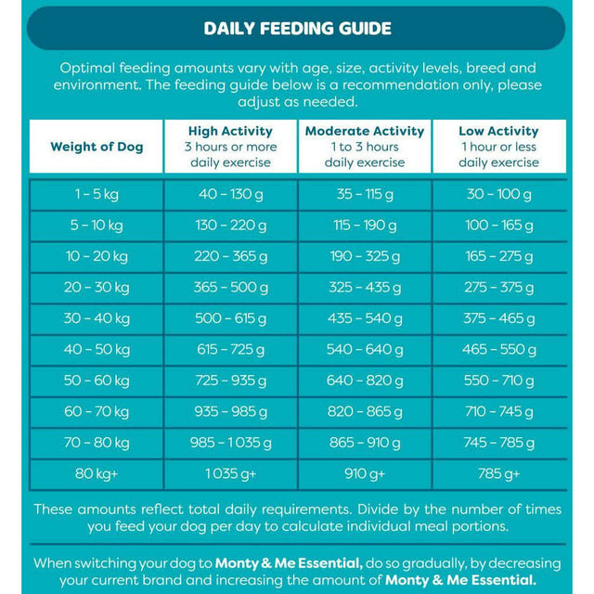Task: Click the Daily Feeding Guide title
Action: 297,29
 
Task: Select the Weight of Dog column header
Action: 97,147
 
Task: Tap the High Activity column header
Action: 230,147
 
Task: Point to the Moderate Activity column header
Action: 365,147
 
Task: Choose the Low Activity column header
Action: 498,147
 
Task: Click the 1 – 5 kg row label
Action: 97,194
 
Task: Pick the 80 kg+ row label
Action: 97,474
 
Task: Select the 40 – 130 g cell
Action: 230,194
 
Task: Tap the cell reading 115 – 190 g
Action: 365,226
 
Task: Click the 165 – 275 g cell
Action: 498,256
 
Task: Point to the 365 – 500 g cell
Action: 230,288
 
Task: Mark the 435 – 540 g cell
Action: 365,318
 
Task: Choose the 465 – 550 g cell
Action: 498,350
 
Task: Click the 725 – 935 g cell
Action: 230,381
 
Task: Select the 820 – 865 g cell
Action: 365,412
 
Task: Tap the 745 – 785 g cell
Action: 498,443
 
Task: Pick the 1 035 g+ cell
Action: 230,474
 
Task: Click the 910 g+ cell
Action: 365,474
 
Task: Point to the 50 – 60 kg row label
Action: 97,381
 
